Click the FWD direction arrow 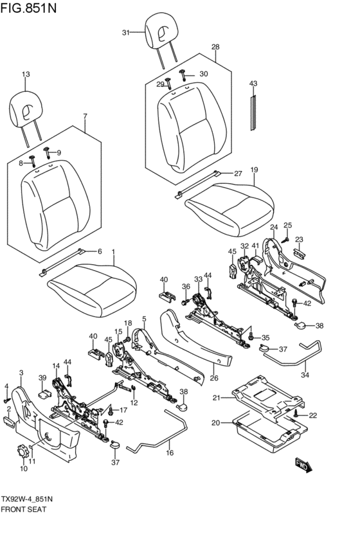[303, 465]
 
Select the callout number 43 [253, 84]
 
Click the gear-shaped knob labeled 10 [22, 451]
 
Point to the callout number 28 [215, 47]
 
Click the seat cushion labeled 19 [230, 210]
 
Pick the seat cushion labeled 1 [92, 291]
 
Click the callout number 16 [170, 453]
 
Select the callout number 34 [305, 375]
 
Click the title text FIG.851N [28, 8]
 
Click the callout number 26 [214, 378]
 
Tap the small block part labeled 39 [44, 394]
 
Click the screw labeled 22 [296, 414]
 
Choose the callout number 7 [85, 116]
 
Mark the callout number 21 [217, 397]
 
